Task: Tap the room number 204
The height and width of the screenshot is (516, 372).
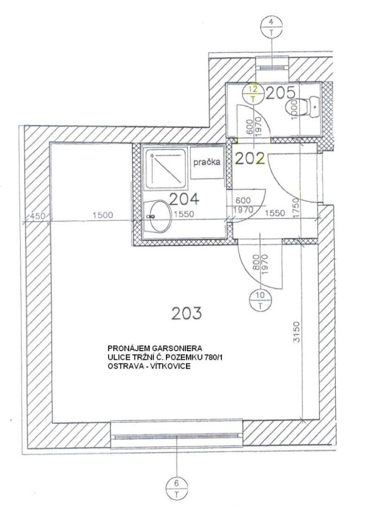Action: pyautogui.click(x=184, y=198)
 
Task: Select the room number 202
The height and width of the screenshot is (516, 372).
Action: pyautogui.click(x=250, y=159)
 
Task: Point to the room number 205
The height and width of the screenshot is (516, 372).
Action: pyautogui.click(x=280, y=94)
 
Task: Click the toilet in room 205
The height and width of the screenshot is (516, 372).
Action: pyautogui.click(x=302, y=107)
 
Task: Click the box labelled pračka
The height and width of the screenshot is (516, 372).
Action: pyautogui.click(x=207, y=163)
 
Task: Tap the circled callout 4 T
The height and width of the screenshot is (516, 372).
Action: pyautogui.click(x=271, y=27)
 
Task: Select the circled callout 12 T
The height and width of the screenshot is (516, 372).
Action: pyautogui.click(x=253, y=93)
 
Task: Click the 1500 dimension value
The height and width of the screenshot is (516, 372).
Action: pyautogui.click(x=102, y=215)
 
